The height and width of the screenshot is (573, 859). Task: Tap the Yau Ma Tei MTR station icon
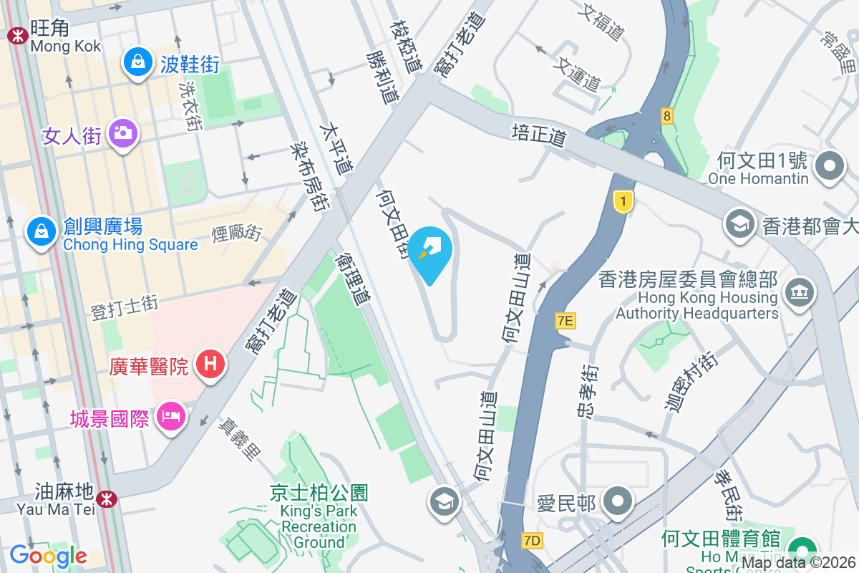click(106, 498)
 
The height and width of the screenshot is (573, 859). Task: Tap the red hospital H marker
click(210, 364)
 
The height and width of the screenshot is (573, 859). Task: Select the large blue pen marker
click(431, 252)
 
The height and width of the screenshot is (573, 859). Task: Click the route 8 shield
click(667, 115)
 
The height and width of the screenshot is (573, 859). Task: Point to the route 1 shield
click(623, 202)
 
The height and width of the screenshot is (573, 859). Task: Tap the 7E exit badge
click(566, 321)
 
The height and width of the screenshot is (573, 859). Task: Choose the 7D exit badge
click(532, 541)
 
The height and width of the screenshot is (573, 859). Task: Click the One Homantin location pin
click(830, 166)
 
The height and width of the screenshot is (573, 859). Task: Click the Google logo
click(48, 555)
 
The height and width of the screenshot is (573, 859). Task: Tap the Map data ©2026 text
click(798, 563)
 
